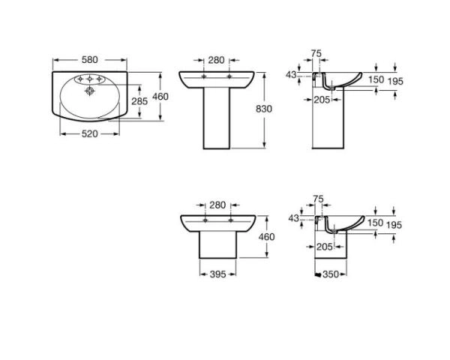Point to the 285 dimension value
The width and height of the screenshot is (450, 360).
tap(139, 100)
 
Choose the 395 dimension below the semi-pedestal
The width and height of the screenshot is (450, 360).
tap(217, 275)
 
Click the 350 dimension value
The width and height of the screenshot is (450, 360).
tap(331, 275)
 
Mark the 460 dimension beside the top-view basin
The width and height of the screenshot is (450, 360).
tap(160, 96)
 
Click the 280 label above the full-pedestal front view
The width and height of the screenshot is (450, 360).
tap(216, 59)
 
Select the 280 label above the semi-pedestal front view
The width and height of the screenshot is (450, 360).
tap(217, 204)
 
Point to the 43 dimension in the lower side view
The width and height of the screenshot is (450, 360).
tap(292, 218)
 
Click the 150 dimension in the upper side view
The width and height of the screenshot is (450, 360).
tap(376, 79)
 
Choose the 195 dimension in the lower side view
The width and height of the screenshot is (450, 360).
tap(394, 225)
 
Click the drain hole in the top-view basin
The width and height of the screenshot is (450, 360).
tap(90, 91)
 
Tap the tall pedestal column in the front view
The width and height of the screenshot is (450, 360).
tap(217, 120)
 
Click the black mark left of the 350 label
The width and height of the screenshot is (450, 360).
tap(316, 275)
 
